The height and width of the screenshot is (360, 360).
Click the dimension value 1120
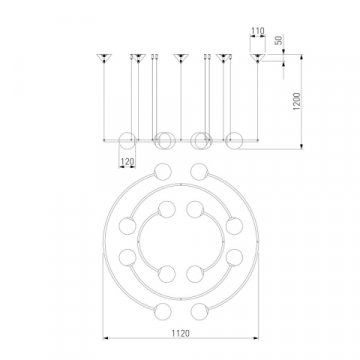tap(181, 333)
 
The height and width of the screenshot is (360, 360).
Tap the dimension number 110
tap(258, 31)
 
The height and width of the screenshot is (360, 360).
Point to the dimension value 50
tap(279, 40)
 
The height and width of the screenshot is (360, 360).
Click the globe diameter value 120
tap(127, 162)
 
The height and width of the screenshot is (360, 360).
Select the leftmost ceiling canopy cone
tap(104, 58)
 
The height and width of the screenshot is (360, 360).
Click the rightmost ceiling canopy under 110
tap(257, 58)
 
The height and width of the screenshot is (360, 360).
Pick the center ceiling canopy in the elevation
tap(181, 58)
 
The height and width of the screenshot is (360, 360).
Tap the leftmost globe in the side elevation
tap(128, 140)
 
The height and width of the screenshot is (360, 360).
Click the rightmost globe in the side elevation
tap(234, 140)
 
